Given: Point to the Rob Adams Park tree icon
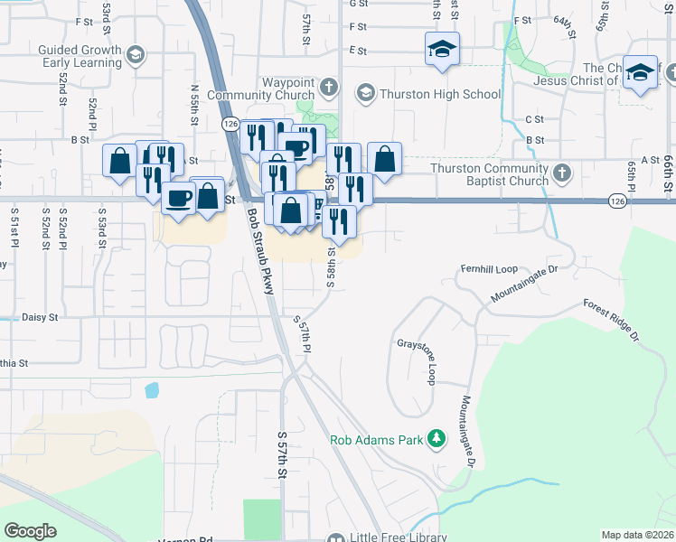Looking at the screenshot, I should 437,438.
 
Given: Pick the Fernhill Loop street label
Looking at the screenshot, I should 487,269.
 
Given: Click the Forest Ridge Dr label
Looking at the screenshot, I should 610,321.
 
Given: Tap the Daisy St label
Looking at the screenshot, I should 39,318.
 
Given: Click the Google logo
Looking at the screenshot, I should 31,531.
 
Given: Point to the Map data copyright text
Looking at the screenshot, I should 637,535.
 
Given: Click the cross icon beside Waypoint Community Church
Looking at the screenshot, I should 328,88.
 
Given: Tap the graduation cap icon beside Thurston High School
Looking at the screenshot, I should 365,93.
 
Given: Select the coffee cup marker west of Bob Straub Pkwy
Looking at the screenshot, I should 178,196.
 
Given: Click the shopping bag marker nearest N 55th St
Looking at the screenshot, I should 208,195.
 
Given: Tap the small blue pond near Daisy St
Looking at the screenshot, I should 150,391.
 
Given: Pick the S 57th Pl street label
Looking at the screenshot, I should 302,334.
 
